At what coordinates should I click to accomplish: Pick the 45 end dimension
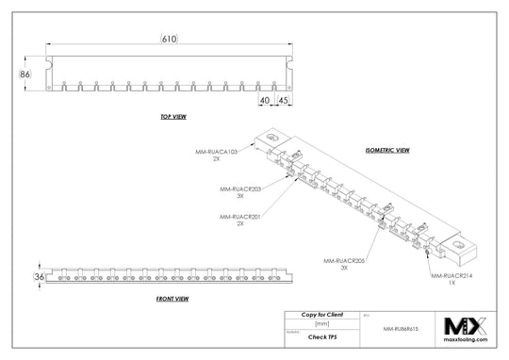coord(284,99)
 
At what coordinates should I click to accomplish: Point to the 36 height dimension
coord(39,277)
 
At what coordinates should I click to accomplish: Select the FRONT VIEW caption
coord(172,299)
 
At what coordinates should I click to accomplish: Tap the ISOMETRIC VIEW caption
coord(386,150)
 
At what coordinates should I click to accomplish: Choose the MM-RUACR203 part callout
coord(239,188)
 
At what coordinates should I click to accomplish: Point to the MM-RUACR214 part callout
coord(452,276)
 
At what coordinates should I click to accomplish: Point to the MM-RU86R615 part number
coord(402,329)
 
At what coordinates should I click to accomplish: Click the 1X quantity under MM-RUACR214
coord(452,284)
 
